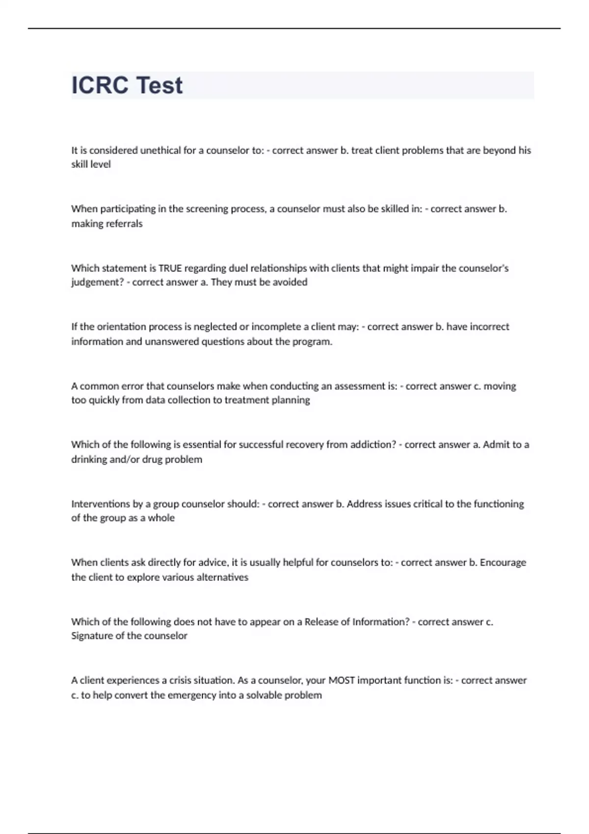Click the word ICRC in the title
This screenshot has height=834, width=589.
click(x=99, y=85)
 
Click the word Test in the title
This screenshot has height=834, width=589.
click(x=158, y=85)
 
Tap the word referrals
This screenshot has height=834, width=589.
click(x=124, y=224)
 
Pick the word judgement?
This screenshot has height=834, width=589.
click(x=97, y=283)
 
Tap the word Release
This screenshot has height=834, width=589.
click(x=321, y=622)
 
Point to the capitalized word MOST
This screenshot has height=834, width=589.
click(x=341, y=680)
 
